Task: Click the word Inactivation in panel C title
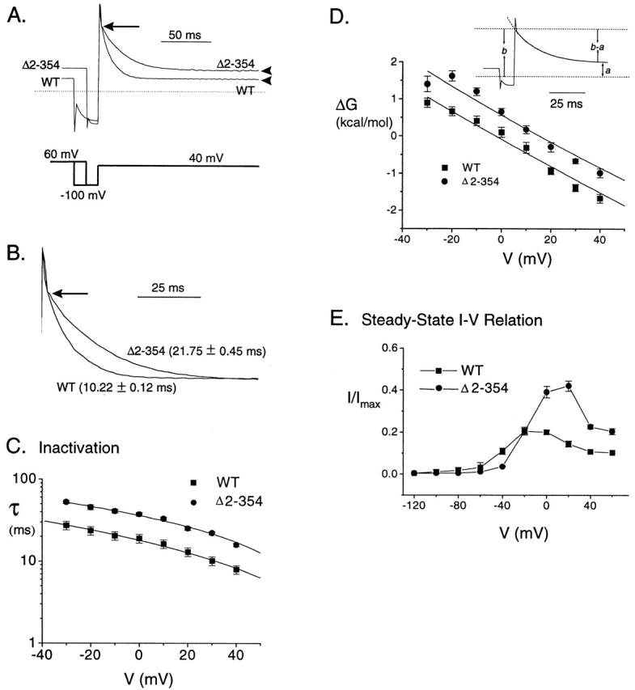point(78,443)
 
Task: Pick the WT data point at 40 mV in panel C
point(236,569)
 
